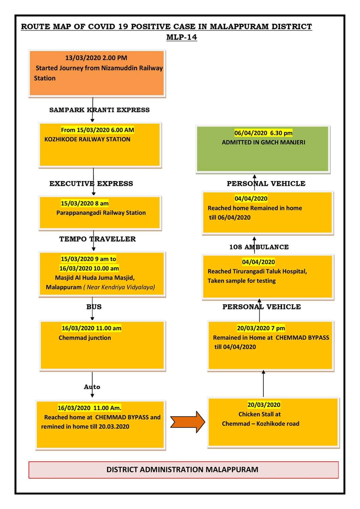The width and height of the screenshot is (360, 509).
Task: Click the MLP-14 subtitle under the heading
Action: [x=181, y=37]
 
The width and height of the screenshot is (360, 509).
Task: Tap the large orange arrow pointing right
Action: [x=188, y=422]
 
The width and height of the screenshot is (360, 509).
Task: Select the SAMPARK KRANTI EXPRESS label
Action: [x=99, y=110]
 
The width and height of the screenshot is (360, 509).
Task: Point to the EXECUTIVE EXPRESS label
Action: [x=91, y=183]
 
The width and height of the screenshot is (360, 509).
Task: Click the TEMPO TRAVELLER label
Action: [x=97, y=239]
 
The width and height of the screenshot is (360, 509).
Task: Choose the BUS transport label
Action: [x=94, y=307]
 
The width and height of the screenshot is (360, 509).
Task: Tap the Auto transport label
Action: [x=92, y=387]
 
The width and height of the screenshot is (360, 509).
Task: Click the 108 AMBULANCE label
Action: [x=259, y=247]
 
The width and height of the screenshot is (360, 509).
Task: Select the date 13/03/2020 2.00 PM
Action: [x=96, y=58]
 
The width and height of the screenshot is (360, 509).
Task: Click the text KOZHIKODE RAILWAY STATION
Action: [x=87, y=139]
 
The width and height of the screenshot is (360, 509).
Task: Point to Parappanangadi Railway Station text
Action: [x=101, y=213]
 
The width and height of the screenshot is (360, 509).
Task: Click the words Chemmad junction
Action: [x=85, y=338]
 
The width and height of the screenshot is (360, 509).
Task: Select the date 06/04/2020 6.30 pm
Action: [x=263, y=133]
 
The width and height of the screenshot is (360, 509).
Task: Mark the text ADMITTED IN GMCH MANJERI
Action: [x=263, y=142]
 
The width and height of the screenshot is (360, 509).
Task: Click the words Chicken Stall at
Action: [x=260, y=414]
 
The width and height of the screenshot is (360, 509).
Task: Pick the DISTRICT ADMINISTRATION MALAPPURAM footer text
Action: [x=182, y=469]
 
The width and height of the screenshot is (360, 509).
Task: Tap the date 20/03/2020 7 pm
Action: [x=261, y=328]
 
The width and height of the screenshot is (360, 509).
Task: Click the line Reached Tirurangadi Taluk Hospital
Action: [x=257, y=271]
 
